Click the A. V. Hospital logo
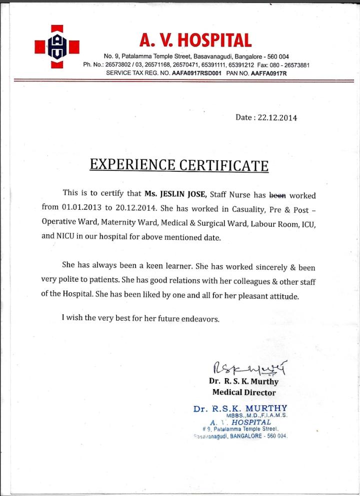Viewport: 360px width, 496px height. (56, 46)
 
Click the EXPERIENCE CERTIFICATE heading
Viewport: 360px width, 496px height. (178, 165)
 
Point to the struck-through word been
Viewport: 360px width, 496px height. (278, 195)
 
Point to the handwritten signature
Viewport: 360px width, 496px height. (250, 370)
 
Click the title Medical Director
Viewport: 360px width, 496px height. (244, 393)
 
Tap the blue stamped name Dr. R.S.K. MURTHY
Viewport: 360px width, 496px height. (240, 409)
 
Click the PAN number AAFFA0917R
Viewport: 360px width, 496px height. (269, 73)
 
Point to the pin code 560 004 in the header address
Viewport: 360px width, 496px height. (277, 56)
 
